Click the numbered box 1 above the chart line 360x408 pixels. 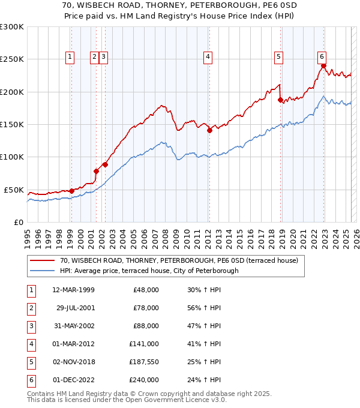[x=70, y=57]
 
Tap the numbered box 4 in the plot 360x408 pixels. [x=208, y=57]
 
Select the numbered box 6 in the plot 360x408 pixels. [x=322, y=57]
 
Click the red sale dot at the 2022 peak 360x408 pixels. [x=323, y=66]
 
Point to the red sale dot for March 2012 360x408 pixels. [x=209, y=130]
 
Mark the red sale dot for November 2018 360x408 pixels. [x=280, y=100]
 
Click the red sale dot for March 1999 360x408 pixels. [x=71, y=191]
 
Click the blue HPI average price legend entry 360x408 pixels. [x=149, y=271]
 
